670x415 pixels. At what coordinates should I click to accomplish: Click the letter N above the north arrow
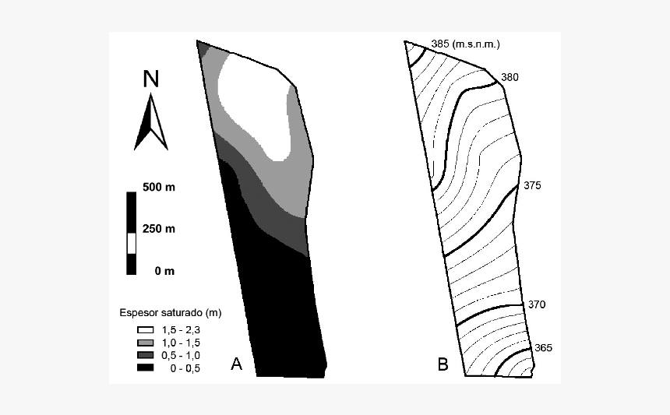[151, 79]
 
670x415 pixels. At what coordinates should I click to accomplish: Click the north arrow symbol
[151, 122]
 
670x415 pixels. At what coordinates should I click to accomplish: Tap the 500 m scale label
[159, 188]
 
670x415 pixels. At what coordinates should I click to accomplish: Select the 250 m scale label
[159, 229]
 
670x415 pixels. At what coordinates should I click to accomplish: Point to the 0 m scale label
[164, 271]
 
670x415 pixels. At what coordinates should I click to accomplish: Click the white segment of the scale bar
[132, 243]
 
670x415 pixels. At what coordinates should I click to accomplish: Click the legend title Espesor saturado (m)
[171, 313]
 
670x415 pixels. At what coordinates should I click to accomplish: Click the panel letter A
[238, 363]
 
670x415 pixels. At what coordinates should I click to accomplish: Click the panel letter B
[443, 363]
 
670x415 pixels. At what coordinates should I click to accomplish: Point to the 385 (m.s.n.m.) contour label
[465, 44]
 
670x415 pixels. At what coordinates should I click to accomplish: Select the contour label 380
[510, 77]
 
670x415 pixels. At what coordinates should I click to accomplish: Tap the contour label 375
[532, 186]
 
